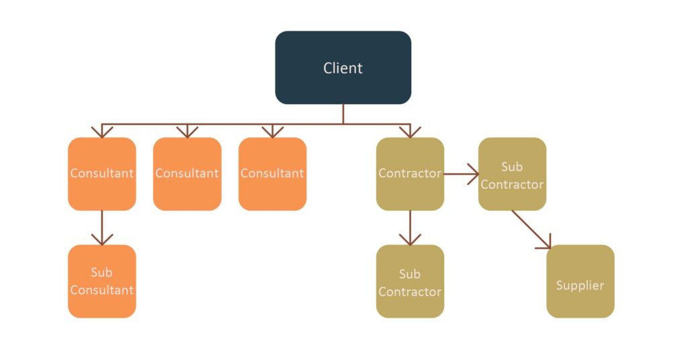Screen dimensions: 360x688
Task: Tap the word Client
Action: (343, 68)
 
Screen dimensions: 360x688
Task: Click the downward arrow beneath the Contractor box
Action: (410, 228)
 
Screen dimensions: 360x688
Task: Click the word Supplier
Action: (580, 285)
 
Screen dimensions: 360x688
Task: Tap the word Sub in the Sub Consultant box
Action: (102, 273)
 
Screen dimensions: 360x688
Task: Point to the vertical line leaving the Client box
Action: (343, 114)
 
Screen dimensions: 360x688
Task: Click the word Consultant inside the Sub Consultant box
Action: (102, 290)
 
